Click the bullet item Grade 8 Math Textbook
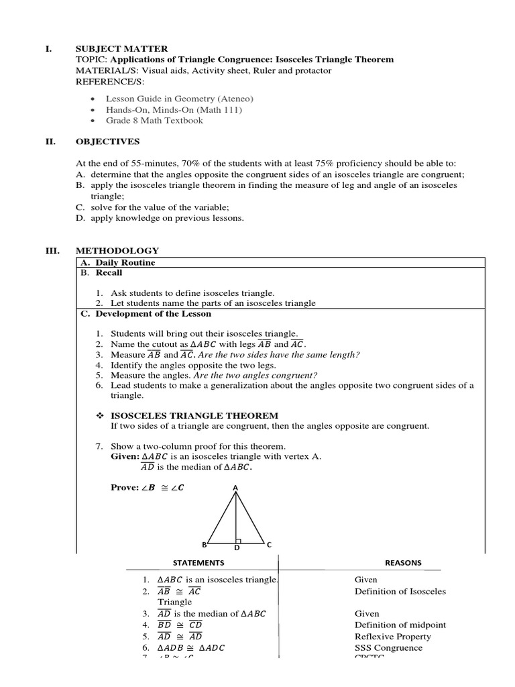[154, 121]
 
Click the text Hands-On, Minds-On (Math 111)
[174, 110]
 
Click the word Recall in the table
[109, 273]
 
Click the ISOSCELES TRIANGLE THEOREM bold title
[194, 415]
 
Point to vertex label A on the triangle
[235, 488]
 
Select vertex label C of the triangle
[269, 545]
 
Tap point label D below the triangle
[237, 548]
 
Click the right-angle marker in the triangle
[239, 540]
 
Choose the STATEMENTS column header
[198, 563]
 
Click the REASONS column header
[402, 563]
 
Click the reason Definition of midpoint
[400, 625]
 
